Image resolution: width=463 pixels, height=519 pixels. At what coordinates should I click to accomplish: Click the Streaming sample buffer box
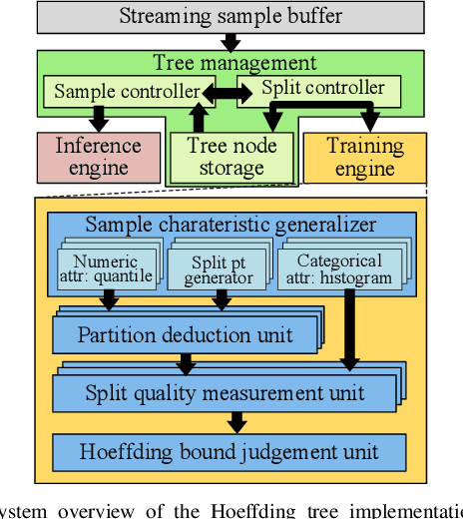coord(231,16)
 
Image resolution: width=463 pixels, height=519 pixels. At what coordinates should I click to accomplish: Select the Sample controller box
coord(126,92)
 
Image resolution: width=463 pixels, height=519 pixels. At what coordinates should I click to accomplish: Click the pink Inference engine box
coord(98,156)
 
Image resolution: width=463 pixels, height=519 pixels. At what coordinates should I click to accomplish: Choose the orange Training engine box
coord(364,156)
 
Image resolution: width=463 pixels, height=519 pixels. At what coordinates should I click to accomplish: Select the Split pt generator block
coord(221,268)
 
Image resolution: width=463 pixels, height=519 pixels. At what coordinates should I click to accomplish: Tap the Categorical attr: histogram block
coord(342,268)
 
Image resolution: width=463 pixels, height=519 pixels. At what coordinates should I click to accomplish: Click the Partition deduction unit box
coord(186,334)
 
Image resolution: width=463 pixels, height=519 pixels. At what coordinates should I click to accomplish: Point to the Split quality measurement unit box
coord(223,392)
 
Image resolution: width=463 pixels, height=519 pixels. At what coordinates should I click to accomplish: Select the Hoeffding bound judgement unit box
coord(230,451)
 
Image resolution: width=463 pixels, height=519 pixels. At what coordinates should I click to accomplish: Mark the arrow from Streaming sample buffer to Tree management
coord(231,42)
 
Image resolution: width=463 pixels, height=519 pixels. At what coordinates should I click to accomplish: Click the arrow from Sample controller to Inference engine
coord(98,119)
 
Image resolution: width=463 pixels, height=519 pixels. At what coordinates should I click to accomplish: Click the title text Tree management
coord(234,63)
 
